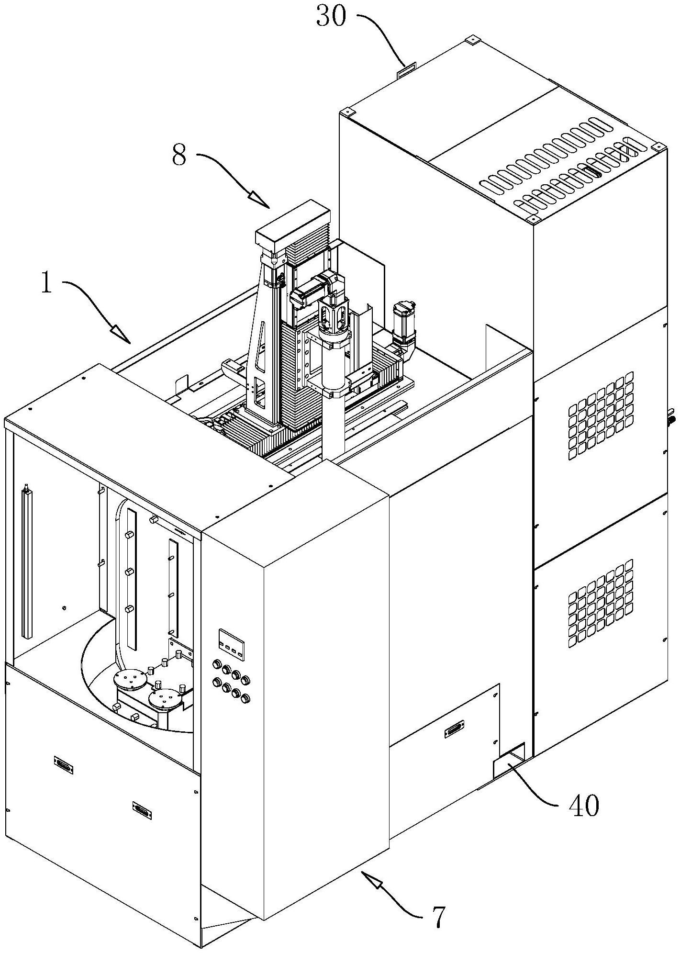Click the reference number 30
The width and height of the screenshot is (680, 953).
[x=330, y=18]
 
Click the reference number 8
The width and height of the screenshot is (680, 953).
[x=179, y=156]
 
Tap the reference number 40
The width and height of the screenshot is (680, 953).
[x=583, y=805]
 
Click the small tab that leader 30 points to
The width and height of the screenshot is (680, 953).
[x=406, y=69]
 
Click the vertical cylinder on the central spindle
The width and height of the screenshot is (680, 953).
[x=333, y=366]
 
